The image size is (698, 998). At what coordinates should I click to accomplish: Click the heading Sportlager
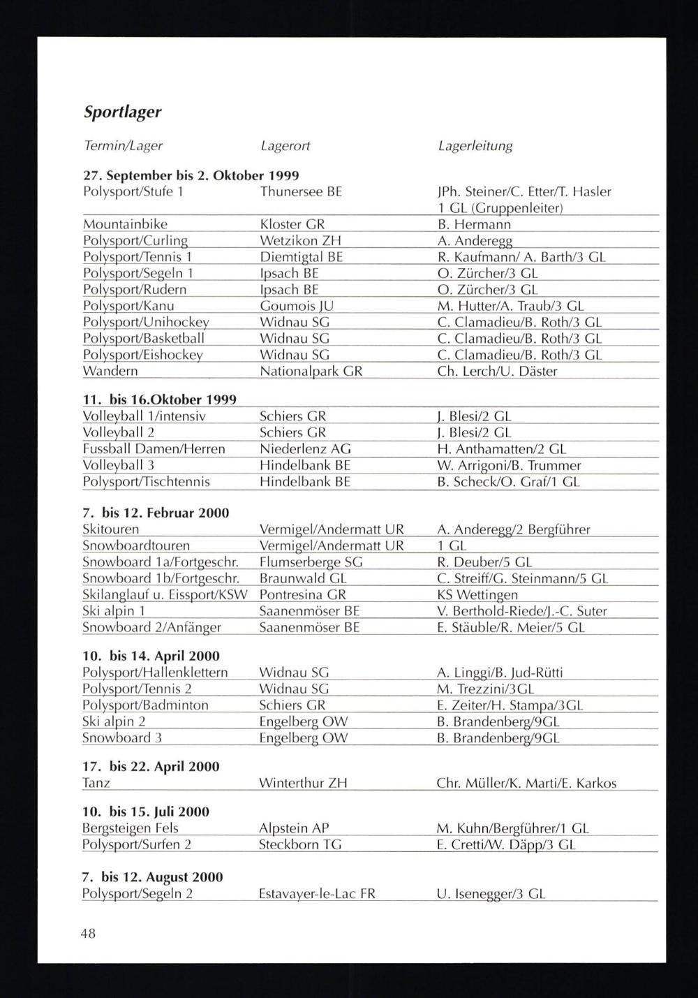coord(122,112)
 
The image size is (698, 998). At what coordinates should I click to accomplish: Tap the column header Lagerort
coord(285,146)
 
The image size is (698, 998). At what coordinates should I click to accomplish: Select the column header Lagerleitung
coord(475,146)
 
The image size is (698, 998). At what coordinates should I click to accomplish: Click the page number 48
coord(89,933)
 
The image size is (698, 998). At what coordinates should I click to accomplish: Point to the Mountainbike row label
coord(125,224)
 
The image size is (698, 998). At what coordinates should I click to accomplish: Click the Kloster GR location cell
coord(292,224)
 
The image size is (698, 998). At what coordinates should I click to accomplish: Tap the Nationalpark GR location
coord(311,372)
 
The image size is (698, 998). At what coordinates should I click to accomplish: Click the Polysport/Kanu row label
coord(128,306)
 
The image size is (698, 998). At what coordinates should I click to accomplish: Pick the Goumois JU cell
coord(296,306)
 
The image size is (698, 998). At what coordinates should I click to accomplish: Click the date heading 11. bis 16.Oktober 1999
coord(159,399)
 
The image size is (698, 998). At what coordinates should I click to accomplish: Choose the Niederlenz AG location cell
coord(305,449)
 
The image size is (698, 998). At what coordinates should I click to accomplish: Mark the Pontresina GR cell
coord(302,595)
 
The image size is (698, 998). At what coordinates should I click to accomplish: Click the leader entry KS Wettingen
coord(477,595)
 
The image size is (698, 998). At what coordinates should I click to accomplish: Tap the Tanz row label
coord(96,783)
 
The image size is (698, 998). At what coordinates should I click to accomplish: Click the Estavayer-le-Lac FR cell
coord(317,893)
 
